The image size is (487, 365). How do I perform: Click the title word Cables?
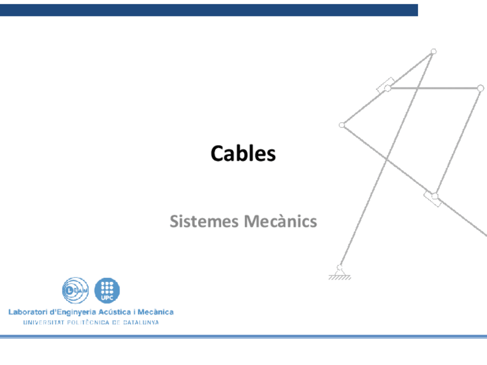[x=243, y=154]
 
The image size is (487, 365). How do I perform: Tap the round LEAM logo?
[x=75, y=290]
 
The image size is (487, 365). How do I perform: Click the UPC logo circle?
[x=107, y=290]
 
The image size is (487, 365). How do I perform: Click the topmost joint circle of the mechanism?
[x=434, y=52]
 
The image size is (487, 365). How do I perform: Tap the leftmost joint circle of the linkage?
[x=342, y=125]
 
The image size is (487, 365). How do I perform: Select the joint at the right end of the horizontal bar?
[x=481, y=88]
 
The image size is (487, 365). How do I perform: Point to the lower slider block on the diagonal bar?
[x=432, y=199]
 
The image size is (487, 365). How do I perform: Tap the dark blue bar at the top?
[x=209, y=10]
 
